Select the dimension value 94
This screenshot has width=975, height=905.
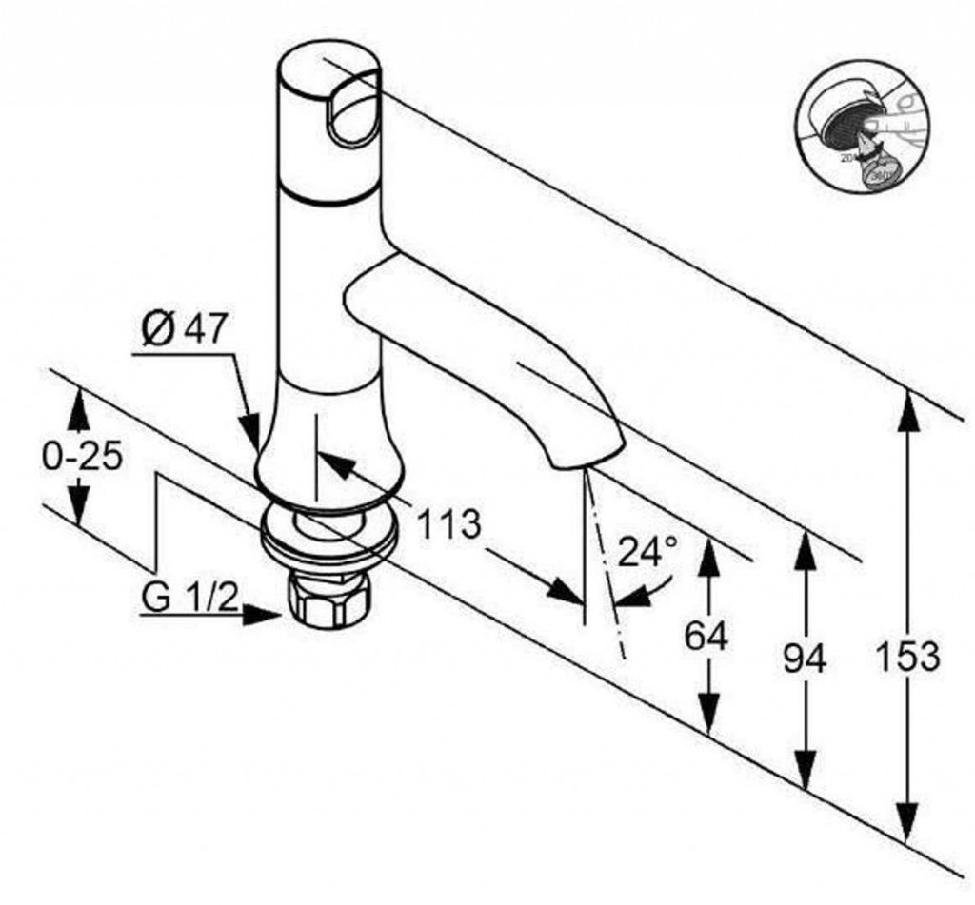805,658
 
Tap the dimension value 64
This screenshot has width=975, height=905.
706,636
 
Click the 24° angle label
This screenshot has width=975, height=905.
647,550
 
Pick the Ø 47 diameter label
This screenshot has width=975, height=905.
185,329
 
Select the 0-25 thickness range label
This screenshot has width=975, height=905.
82,457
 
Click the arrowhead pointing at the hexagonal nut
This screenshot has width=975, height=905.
267,615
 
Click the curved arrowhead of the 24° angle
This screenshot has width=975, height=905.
627,597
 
